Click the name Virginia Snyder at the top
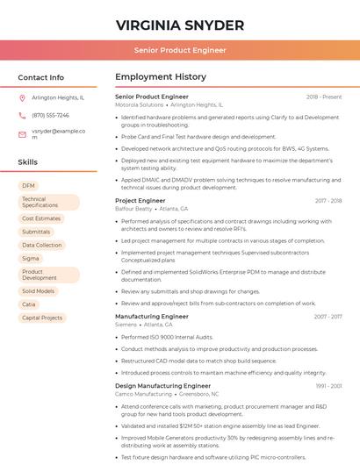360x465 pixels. pyautogui.click(x=180, y=24)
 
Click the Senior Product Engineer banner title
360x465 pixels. pyautogui.click(x=180, y=51)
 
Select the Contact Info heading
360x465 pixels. pyautogui.click(x=41, y=77)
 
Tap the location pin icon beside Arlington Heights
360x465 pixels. pyautogui.click(x=22, y=98)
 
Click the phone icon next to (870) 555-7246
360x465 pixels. pyautogui.click(x=22, y=116)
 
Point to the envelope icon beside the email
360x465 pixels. pyautogui.click(x=22, y=134)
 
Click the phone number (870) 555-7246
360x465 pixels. pyautogui.click(x=50, y=116)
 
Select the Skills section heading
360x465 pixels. pyautogui.click(x=28, y=162)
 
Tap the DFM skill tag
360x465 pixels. pyautogui.click(x=29, y=186)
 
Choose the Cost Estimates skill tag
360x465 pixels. pyautogui.click(x=41, y=218)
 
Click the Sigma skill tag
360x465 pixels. pyautogui.click(x=31, y=259)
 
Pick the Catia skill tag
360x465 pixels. pyautogui.click(x=30, y=304)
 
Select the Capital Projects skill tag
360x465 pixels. pyautogui.click(x=42, y=318)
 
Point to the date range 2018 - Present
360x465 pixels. pyautogui.click(x=324, y=97)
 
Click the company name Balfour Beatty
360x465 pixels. pyautogui.click(x=133, y=209)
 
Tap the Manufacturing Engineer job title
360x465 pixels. pyautogui.click(x=151, y=316)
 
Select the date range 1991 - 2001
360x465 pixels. pyautogui.click(x=328, y=385)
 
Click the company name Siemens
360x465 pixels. pyautogui.click(x=126, y=325)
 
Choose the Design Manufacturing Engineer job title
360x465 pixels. pyautogui.click(x=162, y=385)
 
